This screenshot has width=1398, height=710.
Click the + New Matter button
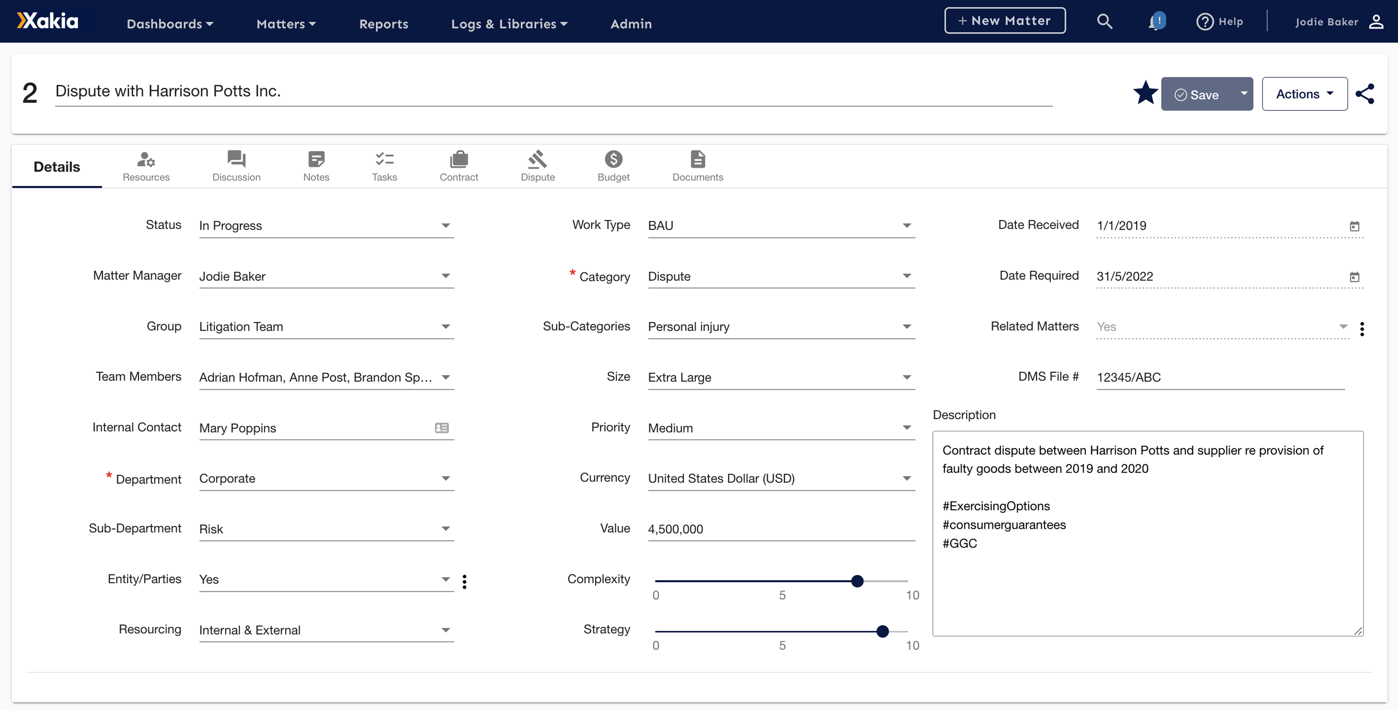(x=1004, y=21)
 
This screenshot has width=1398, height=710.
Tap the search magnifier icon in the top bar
(x=1105, y=22)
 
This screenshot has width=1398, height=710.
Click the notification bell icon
(x=1156, y=22)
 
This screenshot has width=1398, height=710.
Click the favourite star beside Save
(x=1145, y=93)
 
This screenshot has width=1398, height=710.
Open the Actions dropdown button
(x=1304, y=94)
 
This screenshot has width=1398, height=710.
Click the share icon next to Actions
(x=1365, y=94)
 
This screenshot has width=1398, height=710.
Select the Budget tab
(x=613, y=166)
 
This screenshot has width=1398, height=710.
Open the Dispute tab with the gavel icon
(x=537, y=166)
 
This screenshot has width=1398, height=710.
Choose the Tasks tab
(x=384, y=166)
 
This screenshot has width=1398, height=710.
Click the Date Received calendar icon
(x=1354, y=226)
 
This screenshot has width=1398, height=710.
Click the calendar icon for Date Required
(x=1354, y=277)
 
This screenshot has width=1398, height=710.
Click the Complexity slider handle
(x=857, y=581)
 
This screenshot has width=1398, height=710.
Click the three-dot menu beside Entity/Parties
(x=464, y=581)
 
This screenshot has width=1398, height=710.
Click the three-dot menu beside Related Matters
(x=1362, y=328)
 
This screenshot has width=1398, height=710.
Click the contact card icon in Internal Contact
(x=442, y=428)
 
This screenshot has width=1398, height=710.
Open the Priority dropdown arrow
(x=906, y=428)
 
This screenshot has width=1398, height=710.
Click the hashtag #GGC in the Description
(x=960, y=543)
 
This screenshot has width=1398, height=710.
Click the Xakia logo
(x=48, y=21)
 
